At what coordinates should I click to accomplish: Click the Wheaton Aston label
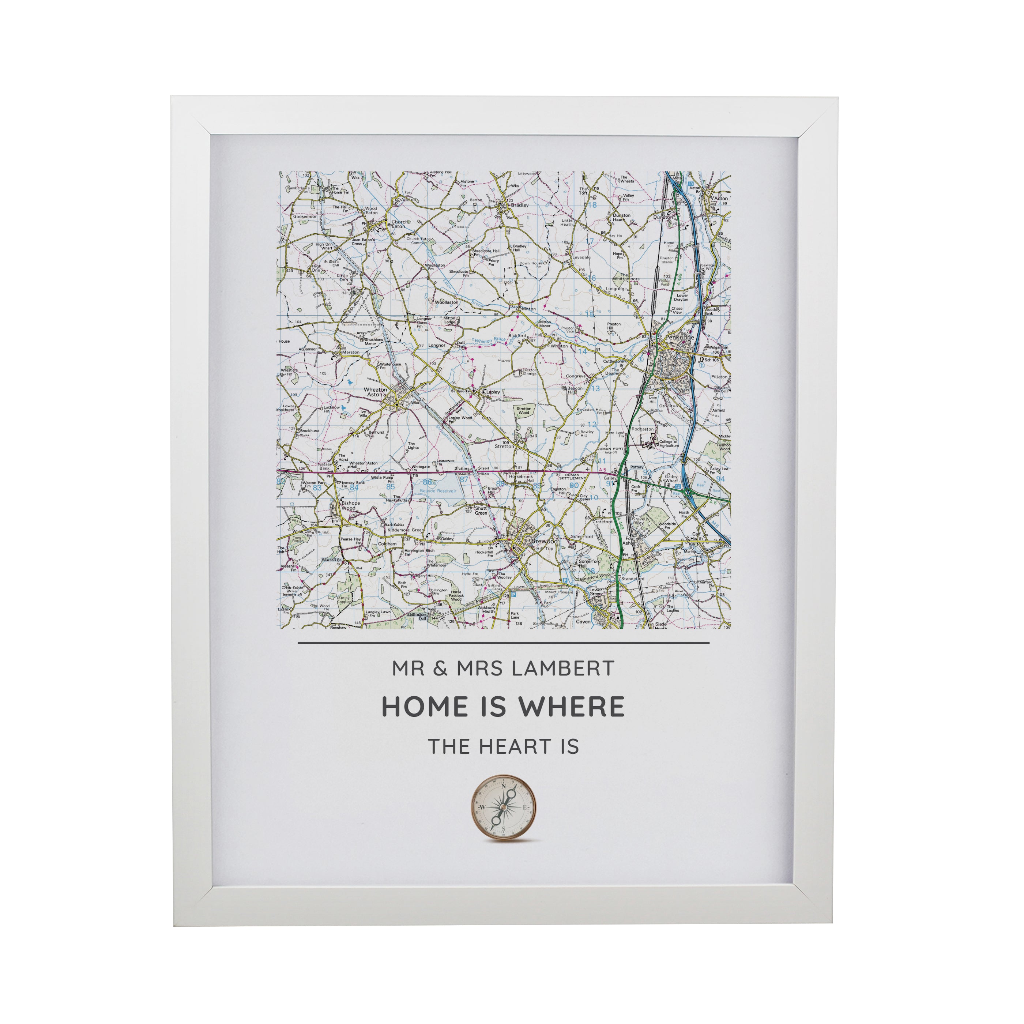(375, 392)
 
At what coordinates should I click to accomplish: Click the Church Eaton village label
(399, 224)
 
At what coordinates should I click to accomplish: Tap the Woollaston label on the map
(446, 302)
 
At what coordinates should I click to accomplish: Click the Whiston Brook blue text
(483, 341)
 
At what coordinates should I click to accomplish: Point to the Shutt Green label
(481, 511)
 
